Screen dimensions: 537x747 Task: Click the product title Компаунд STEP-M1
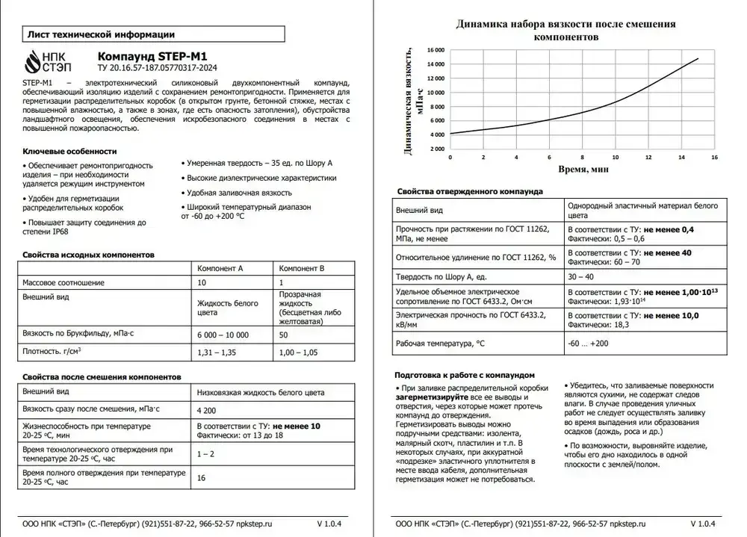(153, 56)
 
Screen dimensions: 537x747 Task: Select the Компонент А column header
(220, 268)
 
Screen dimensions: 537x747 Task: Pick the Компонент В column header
(301, 268)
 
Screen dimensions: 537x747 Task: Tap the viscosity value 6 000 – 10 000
(223, 335)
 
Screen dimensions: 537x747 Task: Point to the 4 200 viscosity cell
(206, 409)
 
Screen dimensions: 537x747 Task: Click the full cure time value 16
(201, 478)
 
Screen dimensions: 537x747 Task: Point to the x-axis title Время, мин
(584, 170)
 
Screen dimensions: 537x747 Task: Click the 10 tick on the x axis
(615, 158)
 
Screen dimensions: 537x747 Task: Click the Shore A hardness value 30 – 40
(580, 276)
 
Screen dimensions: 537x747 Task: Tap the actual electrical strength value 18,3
(621, 325)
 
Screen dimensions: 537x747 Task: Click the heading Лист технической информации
(100, 34)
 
